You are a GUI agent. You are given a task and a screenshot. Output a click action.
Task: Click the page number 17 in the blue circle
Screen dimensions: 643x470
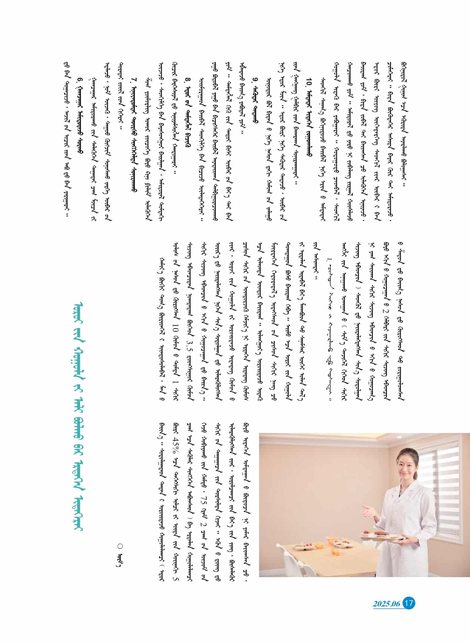coord(409,603)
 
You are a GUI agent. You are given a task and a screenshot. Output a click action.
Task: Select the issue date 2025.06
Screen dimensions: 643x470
coord(386,604)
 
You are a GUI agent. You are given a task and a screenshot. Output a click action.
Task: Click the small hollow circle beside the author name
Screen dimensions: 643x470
coord(120,546)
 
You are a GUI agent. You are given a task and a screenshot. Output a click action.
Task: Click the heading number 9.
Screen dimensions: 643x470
coord(255,89)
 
